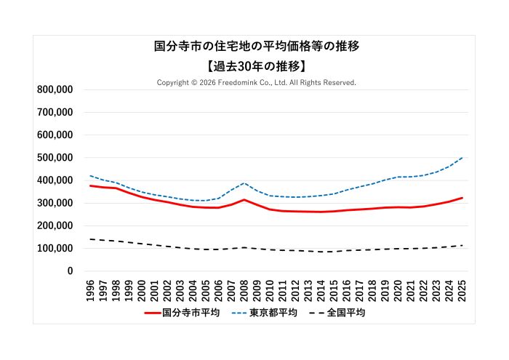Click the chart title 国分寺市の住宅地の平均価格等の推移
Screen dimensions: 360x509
(257, 47)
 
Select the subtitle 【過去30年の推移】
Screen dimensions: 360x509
(257, 65)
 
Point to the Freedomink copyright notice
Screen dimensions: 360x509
(257, 83)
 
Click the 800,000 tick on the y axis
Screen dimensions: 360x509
(54, 89)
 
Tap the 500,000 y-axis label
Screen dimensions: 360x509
(54, 158)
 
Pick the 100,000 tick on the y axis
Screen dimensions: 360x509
(54, 249)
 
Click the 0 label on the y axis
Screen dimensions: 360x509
(70, 271)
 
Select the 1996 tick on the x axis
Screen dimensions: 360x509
(91, 287)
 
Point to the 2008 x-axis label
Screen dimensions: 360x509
(244, 287)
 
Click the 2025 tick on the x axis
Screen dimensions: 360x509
(462, 287)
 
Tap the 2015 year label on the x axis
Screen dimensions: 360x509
(334, 287)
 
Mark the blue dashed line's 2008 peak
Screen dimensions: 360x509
(244, 183)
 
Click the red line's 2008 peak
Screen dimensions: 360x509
(244, 199)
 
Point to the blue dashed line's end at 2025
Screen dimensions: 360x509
(462, 158)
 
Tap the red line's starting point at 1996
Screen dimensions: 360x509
(91, 185)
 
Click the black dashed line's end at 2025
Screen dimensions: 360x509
(462, 245)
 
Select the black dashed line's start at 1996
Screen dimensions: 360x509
(91, 239)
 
